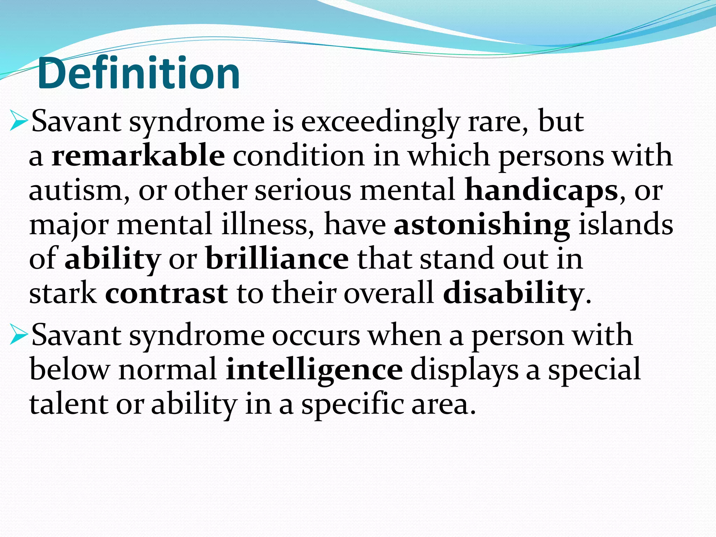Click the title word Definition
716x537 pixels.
pyautogui.click(x=138, y=73)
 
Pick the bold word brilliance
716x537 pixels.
pyautogui.click(x=277, y=259)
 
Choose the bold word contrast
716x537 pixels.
pyautogui.click(x=166, y=293)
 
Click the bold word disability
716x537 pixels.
pyautogui.click(x=513, y=293)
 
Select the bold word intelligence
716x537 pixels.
pyautogui.click(x=314, y=370)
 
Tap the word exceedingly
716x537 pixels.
pyautogui.click(x=380, y=122)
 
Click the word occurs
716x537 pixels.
pyautogui.click(x=316, y=336)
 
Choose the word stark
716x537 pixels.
pyautogui.click(x=63, y=293)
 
